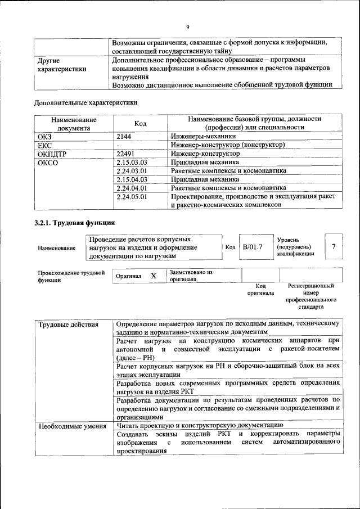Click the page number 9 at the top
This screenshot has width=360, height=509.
pos(188,26)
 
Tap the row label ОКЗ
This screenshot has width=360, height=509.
pos(44,136)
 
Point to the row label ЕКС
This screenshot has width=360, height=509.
pos(44,145)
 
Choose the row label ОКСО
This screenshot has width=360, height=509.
pos(47,163)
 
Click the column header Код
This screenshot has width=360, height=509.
pos(141,124)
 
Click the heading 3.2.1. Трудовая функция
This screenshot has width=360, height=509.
pos(75,223)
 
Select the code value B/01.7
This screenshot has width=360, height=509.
pos(253,247)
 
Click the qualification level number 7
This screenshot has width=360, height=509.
pos(334,246)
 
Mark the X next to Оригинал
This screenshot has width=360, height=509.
pos(153,276)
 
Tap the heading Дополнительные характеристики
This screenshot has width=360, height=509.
pos(85,103)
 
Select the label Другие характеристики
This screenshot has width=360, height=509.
pos(61,65)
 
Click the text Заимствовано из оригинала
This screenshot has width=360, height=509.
pos(190,275)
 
